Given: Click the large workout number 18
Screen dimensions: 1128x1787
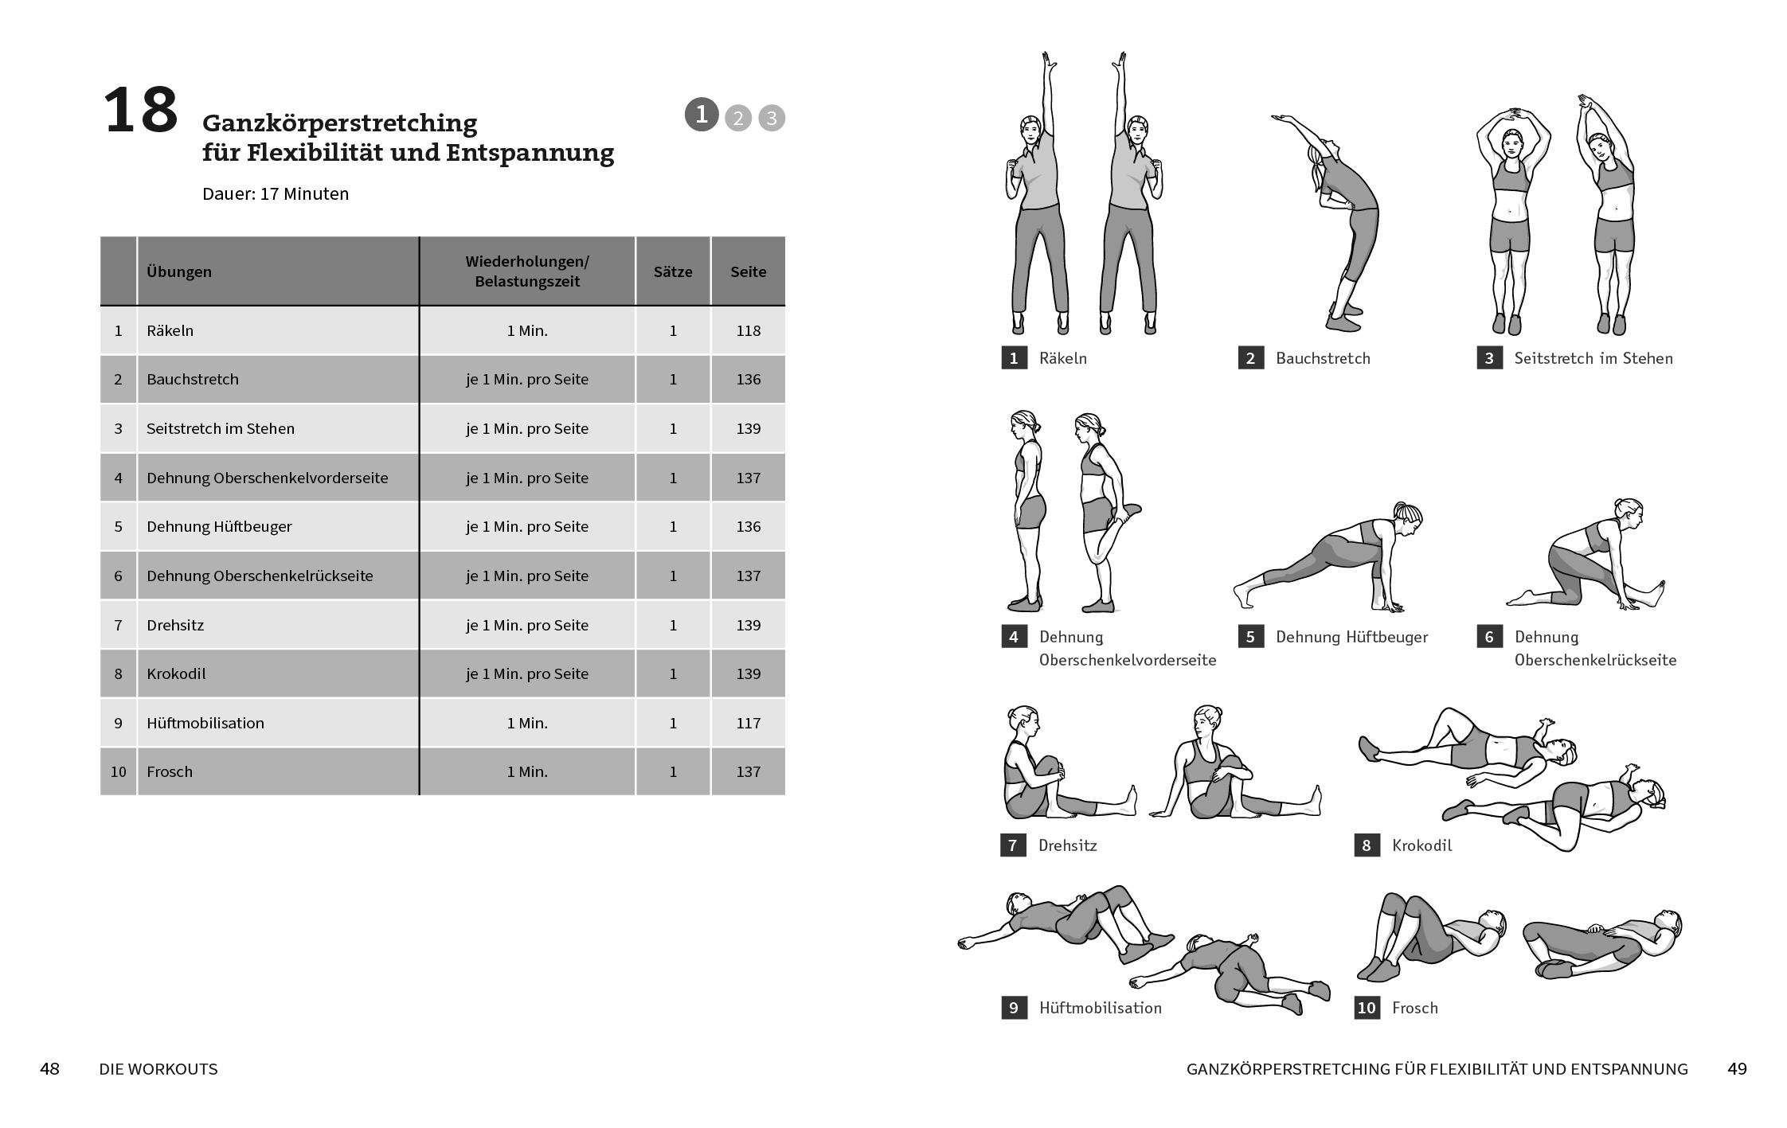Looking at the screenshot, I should [141, 111].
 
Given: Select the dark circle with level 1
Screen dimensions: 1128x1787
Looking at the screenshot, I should [702, 115].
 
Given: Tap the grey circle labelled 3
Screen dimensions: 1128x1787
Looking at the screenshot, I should [771, 119].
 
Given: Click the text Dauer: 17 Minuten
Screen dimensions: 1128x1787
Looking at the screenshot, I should [276, 194].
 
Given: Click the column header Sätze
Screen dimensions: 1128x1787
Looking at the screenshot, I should [673, 271].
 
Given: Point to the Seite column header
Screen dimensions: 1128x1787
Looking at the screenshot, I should [748, 271].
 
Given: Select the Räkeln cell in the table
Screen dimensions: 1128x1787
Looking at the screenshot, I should [170, 330].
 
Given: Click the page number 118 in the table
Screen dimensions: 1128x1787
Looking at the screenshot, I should [748, 330].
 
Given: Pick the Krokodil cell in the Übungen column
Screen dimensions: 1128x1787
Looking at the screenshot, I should [176, 674].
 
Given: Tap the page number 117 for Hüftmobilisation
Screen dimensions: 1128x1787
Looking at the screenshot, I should [748, 723].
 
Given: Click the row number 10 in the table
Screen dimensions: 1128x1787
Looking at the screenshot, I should [118, 771].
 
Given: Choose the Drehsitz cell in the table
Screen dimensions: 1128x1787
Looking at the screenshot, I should [175, 625].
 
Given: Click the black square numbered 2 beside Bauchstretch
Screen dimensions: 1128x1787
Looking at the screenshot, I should [1250, 358].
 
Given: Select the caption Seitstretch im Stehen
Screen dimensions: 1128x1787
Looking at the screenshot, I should [1593, 358].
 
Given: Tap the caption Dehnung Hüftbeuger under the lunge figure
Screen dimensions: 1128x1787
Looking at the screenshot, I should [1351, 637].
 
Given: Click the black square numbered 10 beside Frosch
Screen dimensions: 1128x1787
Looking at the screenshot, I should [1367, 1008].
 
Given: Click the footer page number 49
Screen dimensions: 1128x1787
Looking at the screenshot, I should [1737, 1069].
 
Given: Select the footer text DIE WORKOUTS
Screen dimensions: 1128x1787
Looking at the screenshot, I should [158, 1069].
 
